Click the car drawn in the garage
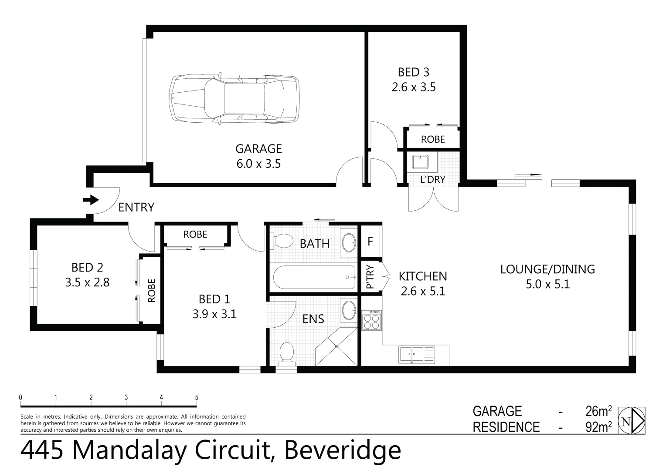tap(234, 99)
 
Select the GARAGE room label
tap(258, 149)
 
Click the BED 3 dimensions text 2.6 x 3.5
tap(413, 87)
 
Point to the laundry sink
tap(420, 162)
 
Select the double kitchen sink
tap(411, 354)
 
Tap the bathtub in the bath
tap(314, 278)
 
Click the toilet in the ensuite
tap(286, 353)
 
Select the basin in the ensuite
tap(349, 310)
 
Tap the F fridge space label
tap(370, 241)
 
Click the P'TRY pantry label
tap(370, 278)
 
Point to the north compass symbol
tap(632, 421)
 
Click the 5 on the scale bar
tap(197, 397)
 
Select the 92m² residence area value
tap(598, 427)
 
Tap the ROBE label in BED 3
tap(433, 139)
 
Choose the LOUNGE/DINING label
tap(547, 269)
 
